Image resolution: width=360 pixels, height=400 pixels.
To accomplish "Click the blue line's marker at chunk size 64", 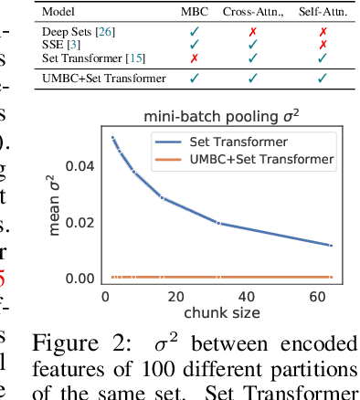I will click(332, 245).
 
